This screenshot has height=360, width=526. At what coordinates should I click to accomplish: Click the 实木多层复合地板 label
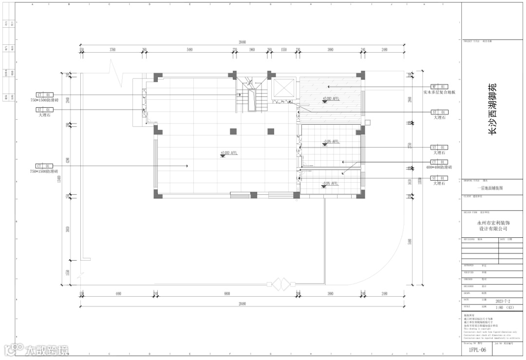[x=439, y=92]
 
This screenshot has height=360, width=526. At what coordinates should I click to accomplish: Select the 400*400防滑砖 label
[x=439, y=167]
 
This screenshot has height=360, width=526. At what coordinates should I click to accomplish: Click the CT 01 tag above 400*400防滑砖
[x=439, y=162]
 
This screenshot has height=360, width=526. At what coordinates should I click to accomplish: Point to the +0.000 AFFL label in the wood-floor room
[x=331, y=99]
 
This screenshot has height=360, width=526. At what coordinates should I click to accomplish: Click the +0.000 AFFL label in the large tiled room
[x=229, y=153]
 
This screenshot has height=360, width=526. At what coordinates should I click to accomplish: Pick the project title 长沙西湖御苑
[x=493, y=109]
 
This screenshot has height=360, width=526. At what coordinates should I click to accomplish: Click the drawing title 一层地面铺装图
[x=493, y=188]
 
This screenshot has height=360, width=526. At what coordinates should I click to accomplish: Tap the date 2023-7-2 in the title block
[x=505, y=301]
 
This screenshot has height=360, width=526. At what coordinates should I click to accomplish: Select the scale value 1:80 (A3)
[x=505, y=307]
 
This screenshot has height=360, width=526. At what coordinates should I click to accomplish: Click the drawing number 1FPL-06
[x=477, y=350]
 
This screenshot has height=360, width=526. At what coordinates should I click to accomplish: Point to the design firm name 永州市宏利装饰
[x=493, y=222]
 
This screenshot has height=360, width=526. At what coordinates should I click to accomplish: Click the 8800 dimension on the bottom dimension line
[x=227, y=294]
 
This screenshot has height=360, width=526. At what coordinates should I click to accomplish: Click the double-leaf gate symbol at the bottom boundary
[x=281, y=284]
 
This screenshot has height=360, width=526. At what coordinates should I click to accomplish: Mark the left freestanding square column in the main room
[x=233, y=131]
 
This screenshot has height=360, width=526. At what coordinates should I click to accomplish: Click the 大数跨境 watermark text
[x=47, y=350]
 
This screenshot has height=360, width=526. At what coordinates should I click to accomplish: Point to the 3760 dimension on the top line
[x=113, y=50]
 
